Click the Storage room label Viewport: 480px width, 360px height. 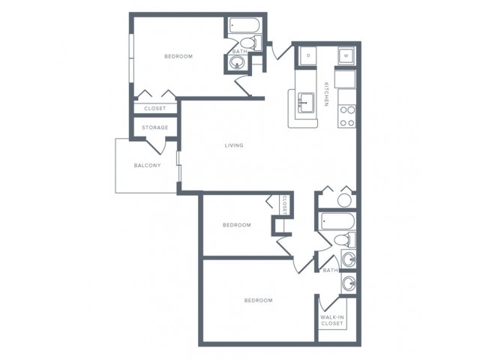tap(155, 127)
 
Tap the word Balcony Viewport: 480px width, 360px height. tap(147, 165)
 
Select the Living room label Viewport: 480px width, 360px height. tap(234, 145)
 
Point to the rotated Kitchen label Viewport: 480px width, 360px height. tap(326, 94)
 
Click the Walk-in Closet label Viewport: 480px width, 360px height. tap(332, 320)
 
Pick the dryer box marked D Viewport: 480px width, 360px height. tap(308, 55)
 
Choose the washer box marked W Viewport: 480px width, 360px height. tap(346, 56)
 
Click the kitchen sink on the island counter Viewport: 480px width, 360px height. tap(306, 103)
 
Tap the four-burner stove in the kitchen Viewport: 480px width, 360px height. tap(347, 116)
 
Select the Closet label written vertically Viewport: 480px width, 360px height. tap(284, 205)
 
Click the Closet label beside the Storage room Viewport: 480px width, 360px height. tap(155, 108)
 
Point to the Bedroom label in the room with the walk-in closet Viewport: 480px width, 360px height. tap(258, 300)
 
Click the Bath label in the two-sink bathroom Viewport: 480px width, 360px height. tap(330, 270)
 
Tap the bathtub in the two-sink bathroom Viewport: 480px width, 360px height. tap(338, 221)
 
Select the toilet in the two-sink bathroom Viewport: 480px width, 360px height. tap(345, 239)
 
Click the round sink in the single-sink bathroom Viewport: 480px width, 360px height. tap(237, 63)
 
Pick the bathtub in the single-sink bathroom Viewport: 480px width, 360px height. tap(245, 25)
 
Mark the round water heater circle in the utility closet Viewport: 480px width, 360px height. tap(344, 200)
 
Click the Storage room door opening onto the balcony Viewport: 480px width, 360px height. tap(157, 147)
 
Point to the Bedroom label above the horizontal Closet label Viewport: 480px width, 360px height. tap(178, 56)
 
